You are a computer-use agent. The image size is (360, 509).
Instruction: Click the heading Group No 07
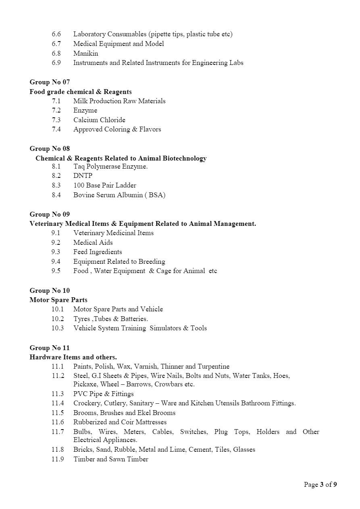point(50,82)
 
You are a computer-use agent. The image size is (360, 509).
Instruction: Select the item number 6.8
point(56,53)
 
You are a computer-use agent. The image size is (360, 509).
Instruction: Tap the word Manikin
point(85,53)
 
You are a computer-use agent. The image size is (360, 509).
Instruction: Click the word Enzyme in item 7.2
point(85,111)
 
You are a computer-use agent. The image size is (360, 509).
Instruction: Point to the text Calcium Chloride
point(99,120)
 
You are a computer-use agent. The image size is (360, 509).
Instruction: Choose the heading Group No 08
point(50,148)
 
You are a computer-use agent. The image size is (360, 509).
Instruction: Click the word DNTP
point(83,176)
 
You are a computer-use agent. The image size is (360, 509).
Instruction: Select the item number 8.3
point(56,186)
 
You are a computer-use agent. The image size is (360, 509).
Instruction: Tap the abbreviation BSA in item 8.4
point(156,195)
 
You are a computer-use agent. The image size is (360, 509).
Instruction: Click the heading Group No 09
point(50,214)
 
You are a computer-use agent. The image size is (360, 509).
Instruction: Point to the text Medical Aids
point(93,242)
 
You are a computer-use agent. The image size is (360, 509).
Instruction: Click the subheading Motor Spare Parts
point(58,300)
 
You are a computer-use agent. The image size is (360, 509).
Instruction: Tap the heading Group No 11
point(50,348)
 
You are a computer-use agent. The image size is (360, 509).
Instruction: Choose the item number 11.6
point(58,422)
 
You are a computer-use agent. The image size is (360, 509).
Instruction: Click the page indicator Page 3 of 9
point(320,484)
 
